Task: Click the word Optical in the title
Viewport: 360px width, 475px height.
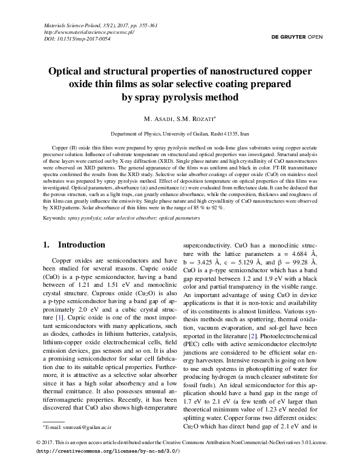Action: click(68, 71)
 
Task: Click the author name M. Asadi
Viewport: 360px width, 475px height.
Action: click(157, 118)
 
